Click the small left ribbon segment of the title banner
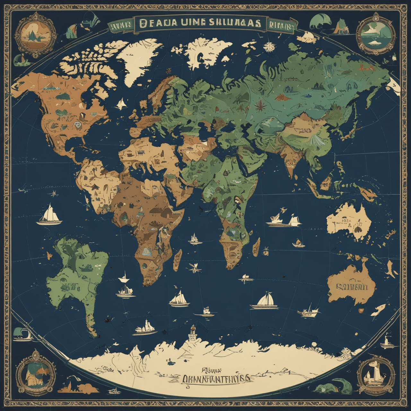tap(120, 26)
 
